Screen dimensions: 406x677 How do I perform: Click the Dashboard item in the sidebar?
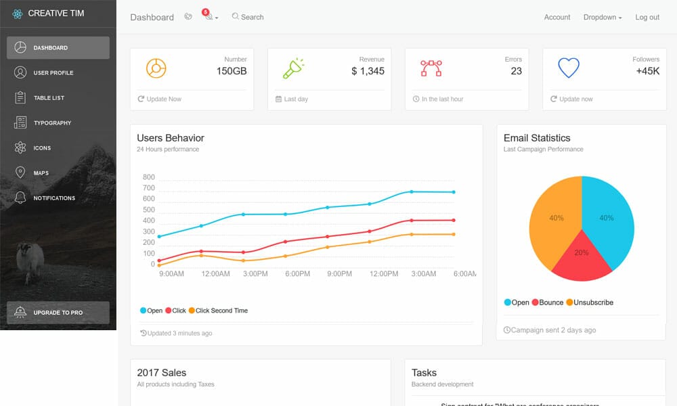tap(58, 48)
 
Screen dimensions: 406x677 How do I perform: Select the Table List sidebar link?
tap(49, 98)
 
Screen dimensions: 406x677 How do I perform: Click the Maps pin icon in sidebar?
tap(20, 173)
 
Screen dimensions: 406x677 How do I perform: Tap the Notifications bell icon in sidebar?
tap(20, 198)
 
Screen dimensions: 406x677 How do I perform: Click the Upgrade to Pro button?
tap(58, 313)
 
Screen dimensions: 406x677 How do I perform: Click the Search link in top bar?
tap(248, 17)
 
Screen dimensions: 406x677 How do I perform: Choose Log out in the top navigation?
tap(647, 17)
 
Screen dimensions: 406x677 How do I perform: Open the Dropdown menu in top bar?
tap(603, 17)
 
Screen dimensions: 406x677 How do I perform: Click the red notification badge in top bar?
tap(205, 12)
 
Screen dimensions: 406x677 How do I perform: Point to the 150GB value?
tap(232, 71)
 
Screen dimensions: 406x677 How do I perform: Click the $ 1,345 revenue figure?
tap(368, 71)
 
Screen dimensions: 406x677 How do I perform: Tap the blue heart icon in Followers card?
tap(569, 68)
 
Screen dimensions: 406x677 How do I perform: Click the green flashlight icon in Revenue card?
tap(293, 68)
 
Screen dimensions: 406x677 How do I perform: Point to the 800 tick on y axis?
tap(149, 177)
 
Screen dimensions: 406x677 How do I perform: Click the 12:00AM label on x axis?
tap(215, 274)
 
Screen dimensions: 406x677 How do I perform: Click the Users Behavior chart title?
tap(171, 138)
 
